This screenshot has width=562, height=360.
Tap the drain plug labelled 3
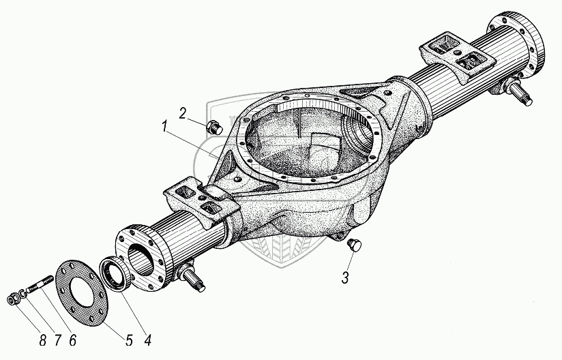(353, 245)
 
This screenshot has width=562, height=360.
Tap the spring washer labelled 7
(24, 293)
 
